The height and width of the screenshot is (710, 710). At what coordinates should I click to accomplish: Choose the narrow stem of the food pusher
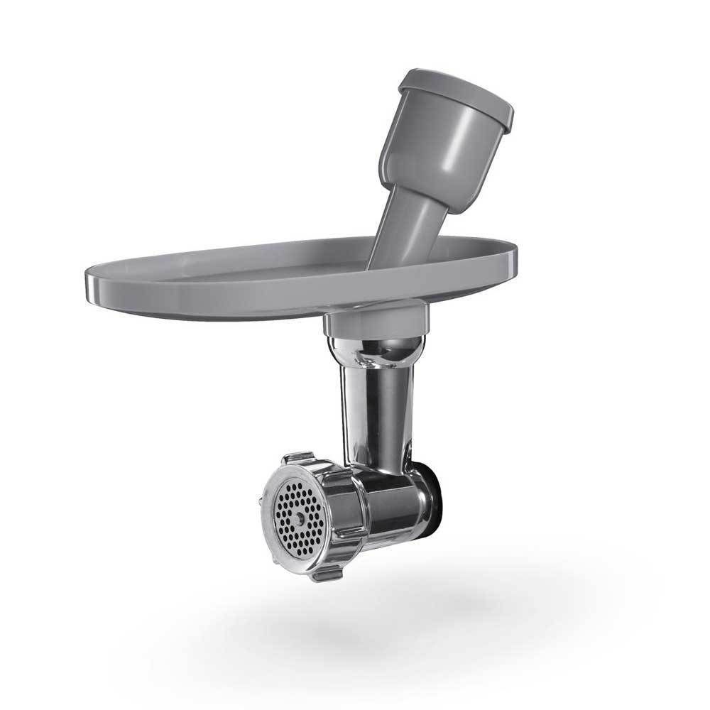pos(401,227)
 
